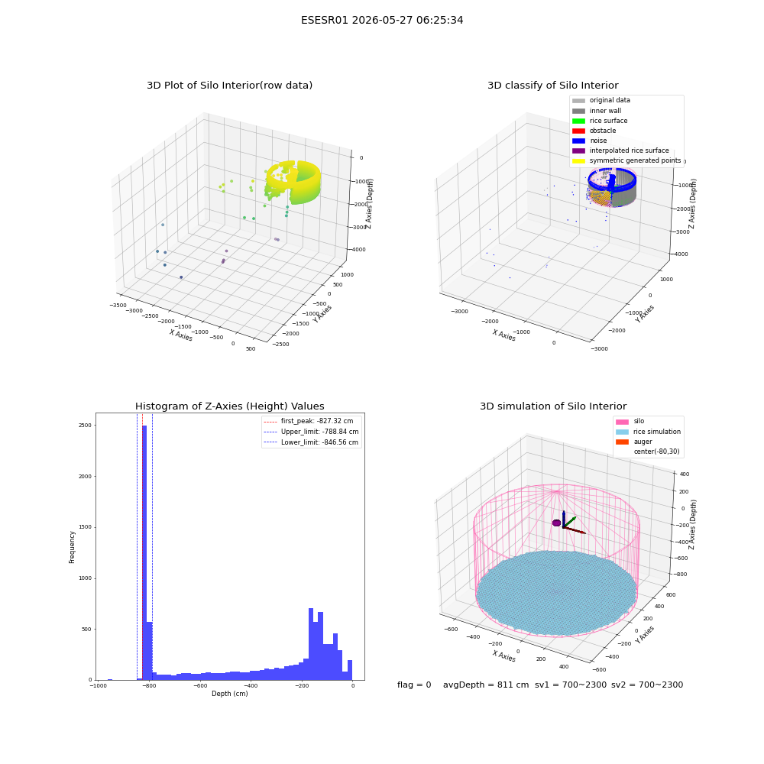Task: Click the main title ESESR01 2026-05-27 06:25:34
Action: coord(382,20)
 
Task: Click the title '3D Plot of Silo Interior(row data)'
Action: coord(229,86)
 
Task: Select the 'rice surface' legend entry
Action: coord(600,121)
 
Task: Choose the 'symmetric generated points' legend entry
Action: coord(626,160)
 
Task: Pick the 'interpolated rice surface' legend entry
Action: coord(620,151)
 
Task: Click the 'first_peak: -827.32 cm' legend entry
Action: coord(309,421)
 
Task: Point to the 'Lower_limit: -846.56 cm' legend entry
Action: coord(311,442)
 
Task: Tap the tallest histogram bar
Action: coord(144,552)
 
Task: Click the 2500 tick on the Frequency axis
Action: coord(85,426)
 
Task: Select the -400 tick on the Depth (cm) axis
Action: coord(251,686)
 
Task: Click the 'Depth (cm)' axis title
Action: coord(229,694)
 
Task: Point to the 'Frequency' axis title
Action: coord(72,547)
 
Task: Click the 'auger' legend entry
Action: coord(634,442)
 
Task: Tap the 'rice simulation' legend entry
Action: coord(648,432)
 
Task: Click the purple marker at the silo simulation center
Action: coord(556,523)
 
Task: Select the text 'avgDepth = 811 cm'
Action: coord(486,685)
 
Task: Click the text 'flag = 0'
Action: coord(414,685)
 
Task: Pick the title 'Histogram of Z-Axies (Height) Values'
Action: coord(229,406)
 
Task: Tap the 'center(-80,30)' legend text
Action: coord(656,452)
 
